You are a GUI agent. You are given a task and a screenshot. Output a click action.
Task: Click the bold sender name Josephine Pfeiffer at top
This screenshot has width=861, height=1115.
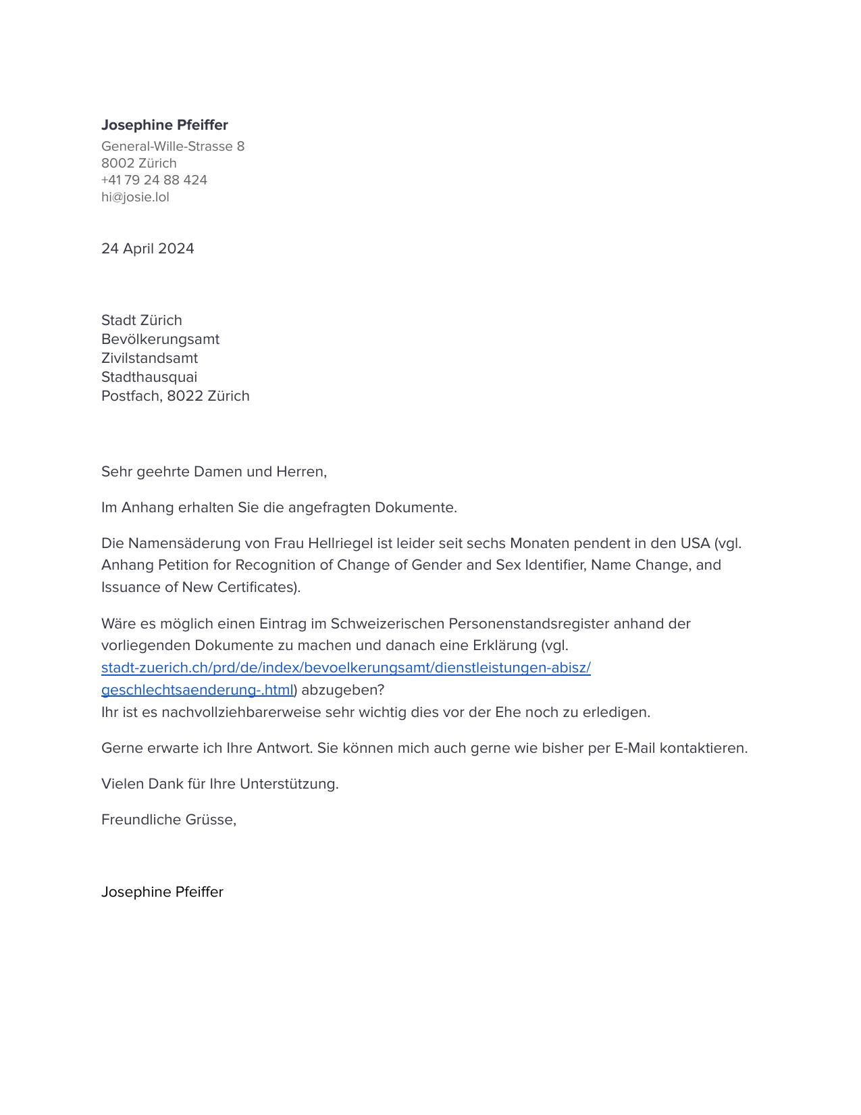click(164, 125)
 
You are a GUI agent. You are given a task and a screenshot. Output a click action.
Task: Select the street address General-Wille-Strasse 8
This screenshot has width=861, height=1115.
click(172, 147)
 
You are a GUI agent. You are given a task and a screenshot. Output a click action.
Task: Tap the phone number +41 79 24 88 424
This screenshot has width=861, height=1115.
click(154, 180)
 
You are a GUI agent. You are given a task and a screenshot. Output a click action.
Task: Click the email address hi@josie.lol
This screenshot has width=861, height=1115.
click(135, 197)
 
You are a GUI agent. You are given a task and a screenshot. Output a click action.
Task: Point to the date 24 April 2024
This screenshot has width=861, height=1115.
click(147, 249)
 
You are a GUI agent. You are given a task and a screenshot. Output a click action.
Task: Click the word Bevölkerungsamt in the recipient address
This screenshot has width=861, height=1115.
click(160, 339)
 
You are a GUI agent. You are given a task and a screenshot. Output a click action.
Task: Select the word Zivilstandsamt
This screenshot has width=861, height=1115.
click(149, 358)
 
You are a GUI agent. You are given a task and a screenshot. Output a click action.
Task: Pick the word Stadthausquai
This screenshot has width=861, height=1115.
click(149, 377)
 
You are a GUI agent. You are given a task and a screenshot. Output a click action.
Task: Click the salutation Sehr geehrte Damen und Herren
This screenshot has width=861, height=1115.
click(213, 472)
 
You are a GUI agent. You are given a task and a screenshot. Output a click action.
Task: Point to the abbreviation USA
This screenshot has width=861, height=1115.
click(695, 543)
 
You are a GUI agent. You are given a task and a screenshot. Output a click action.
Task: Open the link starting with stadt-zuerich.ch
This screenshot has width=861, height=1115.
click(346, 668)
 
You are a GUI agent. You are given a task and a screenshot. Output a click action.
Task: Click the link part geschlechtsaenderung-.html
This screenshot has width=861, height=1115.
click(197, 691)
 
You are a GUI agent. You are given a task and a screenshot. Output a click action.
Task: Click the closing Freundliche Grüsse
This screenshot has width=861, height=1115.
click(168, 820)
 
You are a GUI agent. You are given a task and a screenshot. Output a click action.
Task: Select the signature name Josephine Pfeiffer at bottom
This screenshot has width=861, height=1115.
click(162, 892)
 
